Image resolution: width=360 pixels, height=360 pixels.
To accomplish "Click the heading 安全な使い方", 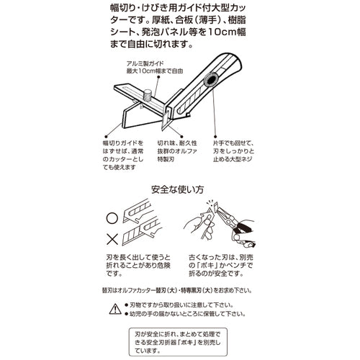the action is click(x=178, y=189).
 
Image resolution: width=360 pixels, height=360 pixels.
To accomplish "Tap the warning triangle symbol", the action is click(x=115, y=309).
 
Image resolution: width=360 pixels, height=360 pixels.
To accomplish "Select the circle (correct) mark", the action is click(x=112, y=218).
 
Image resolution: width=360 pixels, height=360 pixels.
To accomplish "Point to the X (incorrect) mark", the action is click(x=112, y=239).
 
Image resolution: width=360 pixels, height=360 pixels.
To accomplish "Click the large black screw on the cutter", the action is click(x=211, y=81).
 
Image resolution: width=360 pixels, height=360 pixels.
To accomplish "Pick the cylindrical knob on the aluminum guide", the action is click(x=147, y=95).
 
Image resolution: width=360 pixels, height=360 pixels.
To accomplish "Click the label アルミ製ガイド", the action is click(x=145, y=63).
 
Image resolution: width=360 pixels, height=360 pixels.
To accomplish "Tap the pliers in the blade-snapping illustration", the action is click(x=235, y=225).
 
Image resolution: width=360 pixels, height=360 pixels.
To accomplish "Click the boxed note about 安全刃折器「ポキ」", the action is click(x=178, y=342).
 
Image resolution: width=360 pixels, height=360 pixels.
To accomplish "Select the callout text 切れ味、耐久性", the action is click(x=177, y=143).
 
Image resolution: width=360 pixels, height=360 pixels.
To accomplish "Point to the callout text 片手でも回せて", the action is click(x=233, y=143).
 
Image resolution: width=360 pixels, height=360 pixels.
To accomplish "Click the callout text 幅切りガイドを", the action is click(x=123, y=143).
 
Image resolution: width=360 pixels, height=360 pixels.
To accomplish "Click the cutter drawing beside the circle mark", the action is click(x=137, y=211).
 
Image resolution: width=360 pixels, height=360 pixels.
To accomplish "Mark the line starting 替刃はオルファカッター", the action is click(x=177, y=290).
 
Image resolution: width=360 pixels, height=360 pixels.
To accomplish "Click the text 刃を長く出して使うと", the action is click(x=138, y=258).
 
